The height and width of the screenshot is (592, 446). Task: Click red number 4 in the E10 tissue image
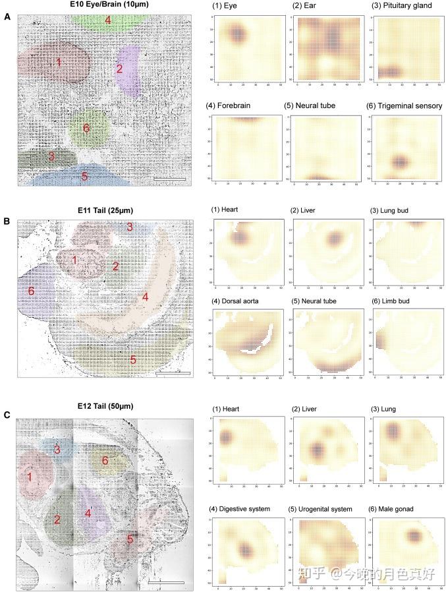(x=108, y=21)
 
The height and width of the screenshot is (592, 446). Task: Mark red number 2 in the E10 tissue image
(x=119, y=69)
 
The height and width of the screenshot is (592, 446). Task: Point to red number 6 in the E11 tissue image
(x=30, y=291)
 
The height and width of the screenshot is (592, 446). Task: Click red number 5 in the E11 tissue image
(x=133, y=360)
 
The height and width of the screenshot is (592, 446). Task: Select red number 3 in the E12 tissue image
(x=57, y=450)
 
